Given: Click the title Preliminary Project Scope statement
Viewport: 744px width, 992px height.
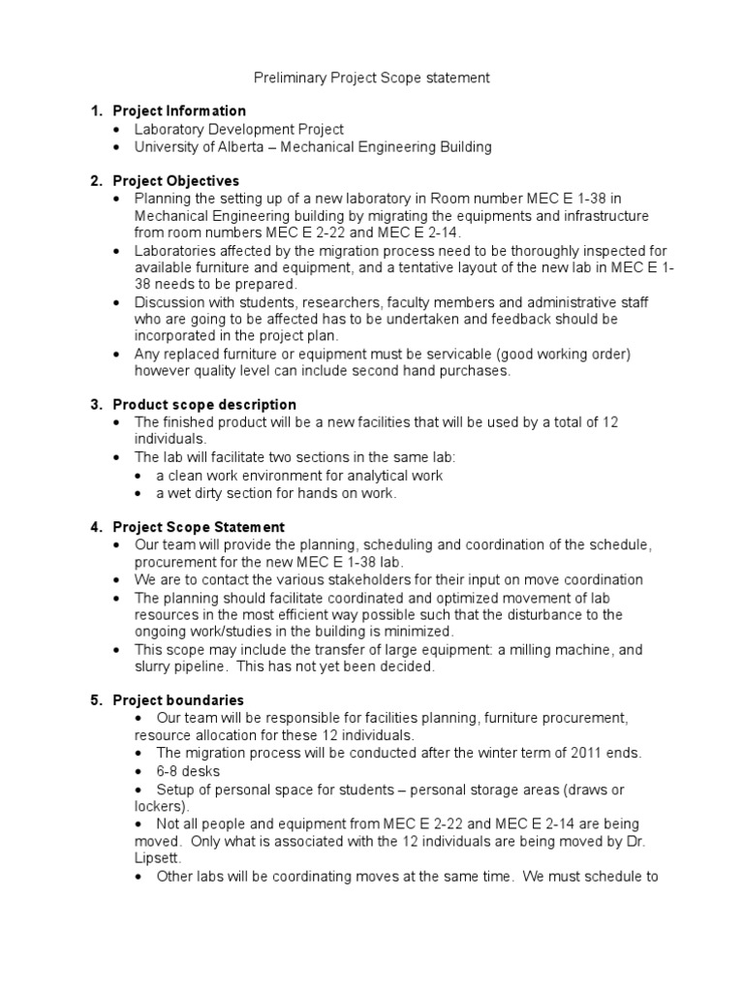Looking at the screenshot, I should click(x=372, y=77).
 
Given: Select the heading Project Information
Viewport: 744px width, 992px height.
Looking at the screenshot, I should click(x=179, y=110).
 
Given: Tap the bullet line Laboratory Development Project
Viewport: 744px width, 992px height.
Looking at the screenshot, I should click(x=238, y=129).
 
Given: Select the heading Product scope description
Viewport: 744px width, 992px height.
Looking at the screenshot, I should click(x=204, y=404).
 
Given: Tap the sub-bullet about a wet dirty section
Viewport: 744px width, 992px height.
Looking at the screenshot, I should click(x=276, y=493).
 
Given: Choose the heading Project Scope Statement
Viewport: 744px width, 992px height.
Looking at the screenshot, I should click(x=199, y=527).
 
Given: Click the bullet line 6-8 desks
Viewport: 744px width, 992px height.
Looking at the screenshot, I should click(x=188, y=771).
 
